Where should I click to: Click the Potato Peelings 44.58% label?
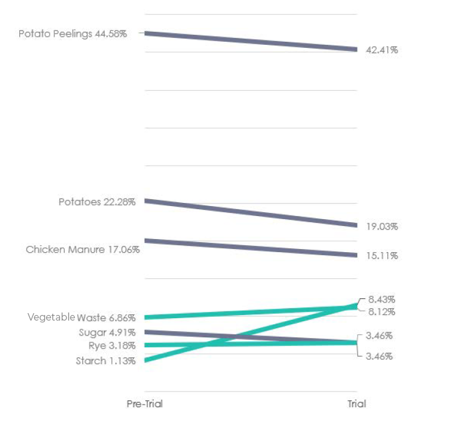pyautogui.click(x=72, y=34)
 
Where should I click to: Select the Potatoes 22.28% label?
pyautogui.click(x=97, y=202)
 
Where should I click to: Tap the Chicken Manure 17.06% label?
pyautogui.click(x=82, y=250)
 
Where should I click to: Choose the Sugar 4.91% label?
pyautogui.click(x=106, y=332)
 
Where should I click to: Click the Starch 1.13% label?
pyautogui.click(x=105, y=361)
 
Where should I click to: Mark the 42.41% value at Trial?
pyautogui.click(x=381, y=50)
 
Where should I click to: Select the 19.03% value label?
pyautogui.click(x=381, y=227)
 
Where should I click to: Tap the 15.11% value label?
pyautogui.click(x=381, y=256)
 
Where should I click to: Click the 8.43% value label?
pyautogui.click(x=381, y=299)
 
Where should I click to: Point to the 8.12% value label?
pyautogui.click(x=381, y=312)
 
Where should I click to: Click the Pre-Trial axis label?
pyautogui.click(x=144, y=403)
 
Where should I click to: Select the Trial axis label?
pyautogui.click(x=356, y=403)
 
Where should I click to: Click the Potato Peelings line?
pyautogui.click(x=249, y=40)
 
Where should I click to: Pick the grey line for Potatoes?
pyautogui.click(x=249, y=212)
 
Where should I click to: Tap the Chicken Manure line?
pyautogui.click(x=249, y=248)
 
